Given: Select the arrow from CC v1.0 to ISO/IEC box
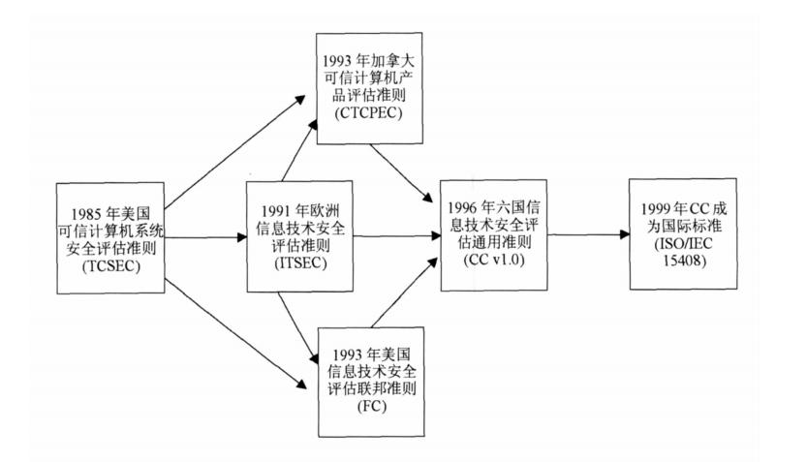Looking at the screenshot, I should click(581, 235).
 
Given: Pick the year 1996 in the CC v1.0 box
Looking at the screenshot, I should click(466, 206).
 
